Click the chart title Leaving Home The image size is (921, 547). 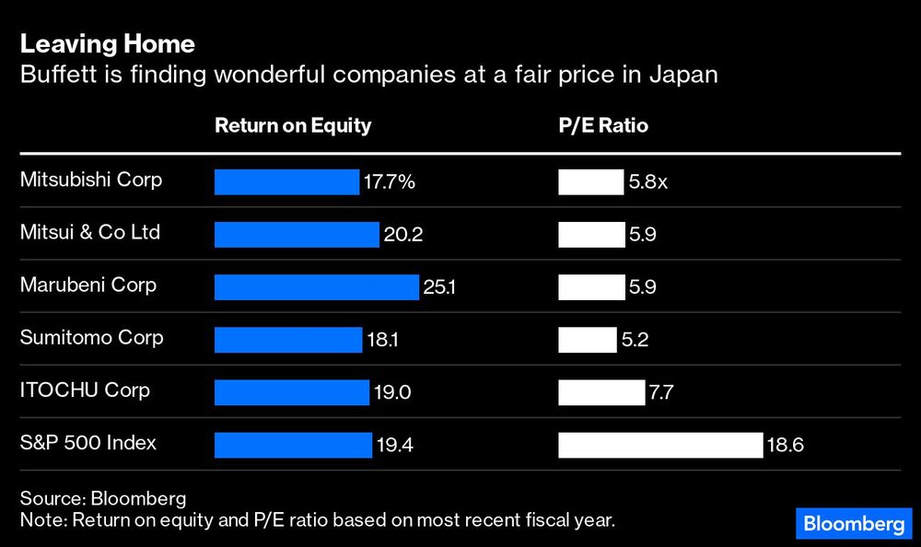pos(107,43)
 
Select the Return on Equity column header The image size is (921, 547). pos(292,125)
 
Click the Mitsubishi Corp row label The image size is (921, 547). pos(91,180)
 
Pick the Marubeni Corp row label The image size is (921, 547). pos(88,285)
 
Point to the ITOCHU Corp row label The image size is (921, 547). pos(85,390)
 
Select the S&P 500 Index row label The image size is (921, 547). pos(88,443)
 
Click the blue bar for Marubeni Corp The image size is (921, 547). pos(316,287)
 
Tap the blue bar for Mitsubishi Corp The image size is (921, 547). pos(286,182)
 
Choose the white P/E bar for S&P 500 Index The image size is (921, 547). pos(660,446)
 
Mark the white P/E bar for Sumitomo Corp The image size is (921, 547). pos(587,341)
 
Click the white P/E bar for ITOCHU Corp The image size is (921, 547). pos(601,393)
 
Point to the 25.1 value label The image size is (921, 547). pos(439,288)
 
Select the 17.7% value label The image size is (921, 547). pos(389,182)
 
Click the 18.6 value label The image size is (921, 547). pos(785,447)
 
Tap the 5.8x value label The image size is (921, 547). pos(647,182)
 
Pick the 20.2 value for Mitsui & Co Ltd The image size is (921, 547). pos(402,236)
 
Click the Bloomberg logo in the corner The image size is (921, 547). pos(853,524)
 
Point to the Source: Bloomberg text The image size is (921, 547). pos(102,498)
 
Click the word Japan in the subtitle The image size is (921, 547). pos(686,75)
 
